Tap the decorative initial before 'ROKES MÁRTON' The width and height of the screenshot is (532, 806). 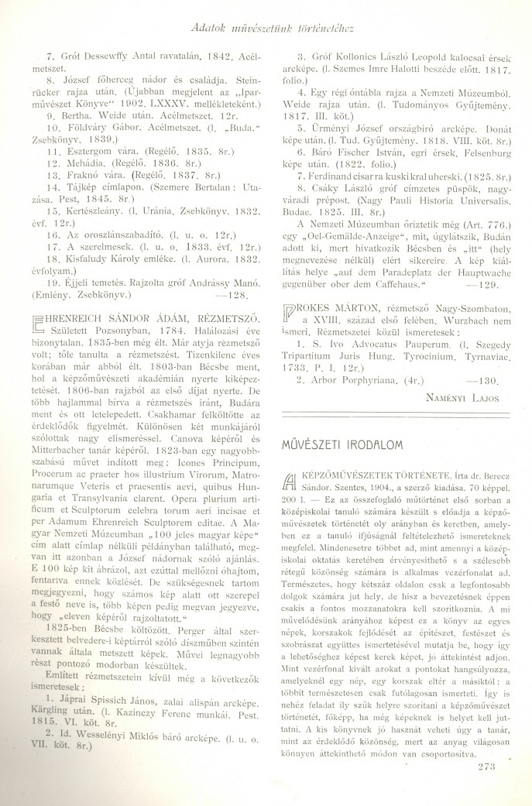pyautogui.click(x=283, y=322)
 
